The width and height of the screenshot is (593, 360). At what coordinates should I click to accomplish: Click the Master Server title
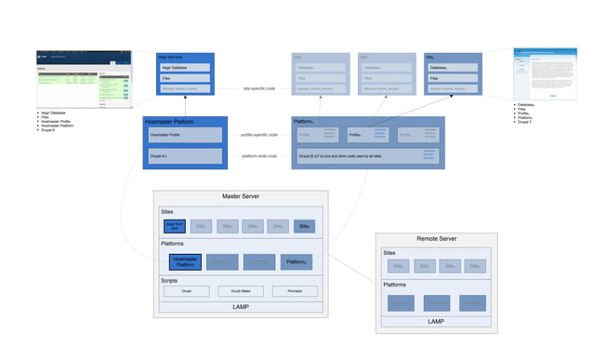click(241, 196)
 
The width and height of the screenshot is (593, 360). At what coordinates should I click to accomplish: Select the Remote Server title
click(436, 238)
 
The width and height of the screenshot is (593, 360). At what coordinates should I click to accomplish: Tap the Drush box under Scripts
click(187, 291)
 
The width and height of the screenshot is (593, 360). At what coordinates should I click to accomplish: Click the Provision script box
click(296, 291)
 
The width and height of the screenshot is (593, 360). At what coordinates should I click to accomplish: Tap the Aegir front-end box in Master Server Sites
click(175, 226)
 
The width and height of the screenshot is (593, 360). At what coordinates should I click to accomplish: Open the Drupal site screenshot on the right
click(540, 73)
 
